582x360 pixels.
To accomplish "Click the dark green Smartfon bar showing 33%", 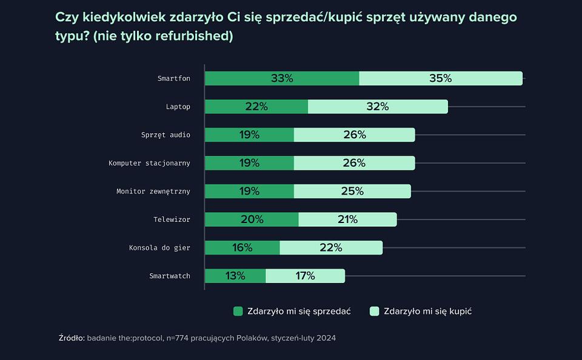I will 282,78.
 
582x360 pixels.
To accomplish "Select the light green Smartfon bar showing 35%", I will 440,78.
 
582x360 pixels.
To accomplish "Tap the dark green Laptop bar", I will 256,107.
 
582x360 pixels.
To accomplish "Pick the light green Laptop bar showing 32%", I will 377,107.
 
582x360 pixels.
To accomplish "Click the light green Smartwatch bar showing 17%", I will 305,276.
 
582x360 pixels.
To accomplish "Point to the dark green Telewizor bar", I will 252,219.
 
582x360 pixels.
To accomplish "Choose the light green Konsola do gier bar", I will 330,247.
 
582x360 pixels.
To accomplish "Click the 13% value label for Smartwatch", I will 235,276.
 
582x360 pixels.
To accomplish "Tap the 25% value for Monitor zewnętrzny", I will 352,191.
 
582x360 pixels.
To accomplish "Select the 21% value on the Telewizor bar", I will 347,219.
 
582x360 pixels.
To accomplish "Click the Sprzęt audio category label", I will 166,135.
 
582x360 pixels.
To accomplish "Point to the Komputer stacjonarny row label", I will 149,163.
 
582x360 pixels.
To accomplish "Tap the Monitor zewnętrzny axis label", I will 153,191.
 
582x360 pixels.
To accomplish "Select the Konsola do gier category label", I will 159,247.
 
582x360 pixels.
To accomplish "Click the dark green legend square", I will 238,311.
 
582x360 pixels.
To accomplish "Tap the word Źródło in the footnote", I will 72,338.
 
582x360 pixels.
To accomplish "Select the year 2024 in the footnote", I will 325,338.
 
